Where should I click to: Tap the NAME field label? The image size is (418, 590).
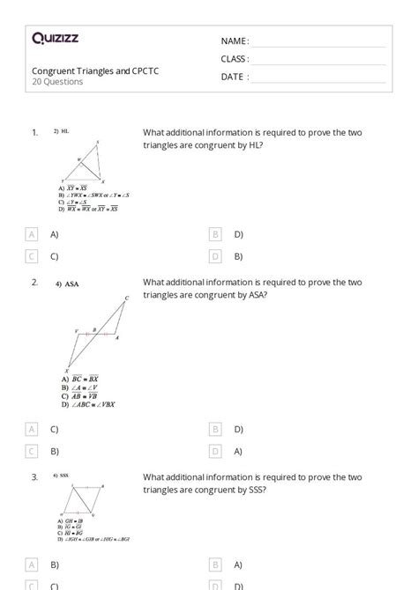[235, 41]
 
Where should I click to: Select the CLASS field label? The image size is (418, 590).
[235, 59]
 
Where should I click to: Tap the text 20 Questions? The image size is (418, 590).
[57, 82]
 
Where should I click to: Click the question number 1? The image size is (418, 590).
[34, 132]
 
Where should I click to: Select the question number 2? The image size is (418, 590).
[34, 283]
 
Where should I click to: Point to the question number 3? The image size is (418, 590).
[34, 476]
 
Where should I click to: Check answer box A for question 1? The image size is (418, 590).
[32, 234]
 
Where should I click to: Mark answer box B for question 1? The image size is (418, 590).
[215, 234]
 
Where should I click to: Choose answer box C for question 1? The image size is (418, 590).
[32, 256]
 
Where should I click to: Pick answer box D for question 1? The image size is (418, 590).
[215, 256]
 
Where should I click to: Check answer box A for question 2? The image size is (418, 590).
[32, 429]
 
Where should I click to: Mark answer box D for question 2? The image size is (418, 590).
[215, 451]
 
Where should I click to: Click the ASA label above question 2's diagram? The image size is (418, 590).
[72, 284]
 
